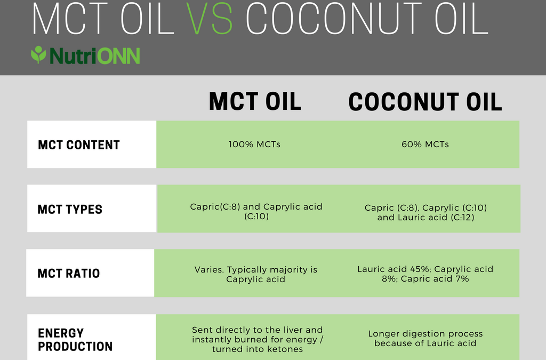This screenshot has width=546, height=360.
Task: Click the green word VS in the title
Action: [209, 18]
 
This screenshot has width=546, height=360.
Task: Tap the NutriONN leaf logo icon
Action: [38, 54]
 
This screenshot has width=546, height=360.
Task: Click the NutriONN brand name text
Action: [95, 55]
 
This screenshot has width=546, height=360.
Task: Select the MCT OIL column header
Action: [255, 101]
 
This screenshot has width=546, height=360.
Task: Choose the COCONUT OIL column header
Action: [425, 102]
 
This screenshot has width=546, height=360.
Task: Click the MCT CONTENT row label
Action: [79, 145]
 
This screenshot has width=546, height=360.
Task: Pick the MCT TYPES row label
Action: [70, 209]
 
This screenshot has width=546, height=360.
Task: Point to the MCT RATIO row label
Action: [69, 273]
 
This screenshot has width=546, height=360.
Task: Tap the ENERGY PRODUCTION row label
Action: [75, 340]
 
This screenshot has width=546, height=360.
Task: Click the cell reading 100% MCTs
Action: [254, 145]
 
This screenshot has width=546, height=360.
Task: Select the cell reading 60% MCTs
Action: [425, 145]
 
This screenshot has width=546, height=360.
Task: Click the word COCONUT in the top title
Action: [336, 18]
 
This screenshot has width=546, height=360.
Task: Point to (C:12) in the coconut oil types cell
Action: [462, 218]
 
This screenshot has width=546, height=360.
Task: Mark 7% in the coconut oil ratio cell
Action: [462, 279]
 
